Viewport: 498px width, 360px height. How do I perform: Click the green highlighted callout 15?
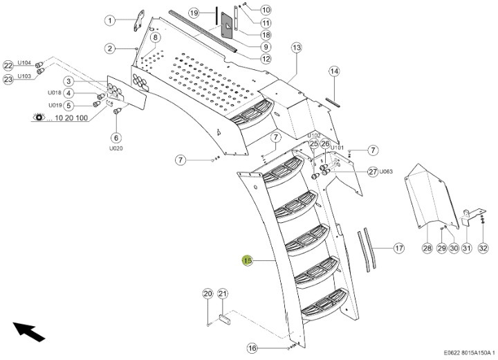[x=247, y=260]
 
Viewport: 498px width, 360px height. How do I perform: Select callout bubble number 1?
[x=110, y=21]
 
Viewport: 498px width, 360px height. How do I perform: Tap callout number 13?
[x=297, y=48]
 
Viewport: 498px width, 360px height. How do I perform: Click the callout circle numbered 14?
[x=334, y=71]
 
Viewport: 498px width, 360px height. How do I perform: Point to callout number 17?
[x=398, y=247]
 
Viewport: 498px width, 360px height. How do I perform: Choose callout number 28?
[x=427, y=248]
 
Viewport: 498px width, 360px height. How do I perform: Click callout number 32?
[x=483, y=248]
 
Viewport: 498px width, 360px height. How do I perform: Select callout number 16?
[x=252, y=348]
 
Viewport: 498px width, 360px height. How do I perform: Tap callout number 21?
[x=222, y=294]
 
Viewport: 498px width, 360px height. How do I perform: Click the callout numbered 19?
[x=194, y=13]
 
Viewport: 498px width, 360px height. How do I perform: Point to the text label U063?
[x=385, y=172]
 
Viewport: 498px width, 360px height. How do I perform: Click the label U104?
[x=25, y=62]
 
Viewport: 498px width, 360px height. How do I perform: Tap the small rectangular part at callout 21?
[x=223, y=321]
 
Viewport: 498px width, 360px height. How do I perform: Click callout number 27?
[x=371, y=172]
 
